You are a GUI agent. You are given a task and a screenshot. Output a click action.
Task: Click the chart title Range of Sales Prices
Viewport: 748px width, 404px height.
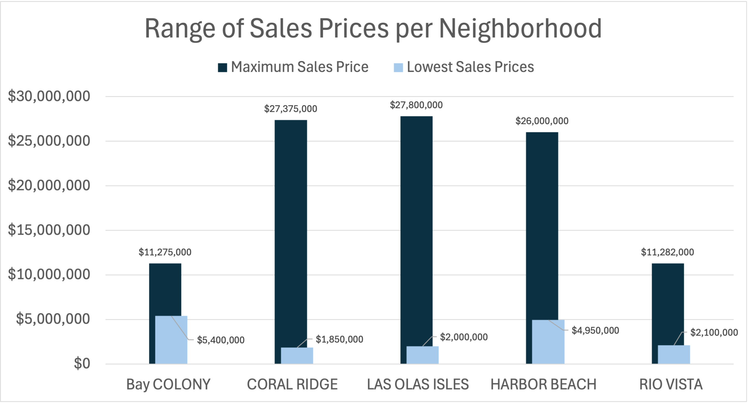[x=373, y=29]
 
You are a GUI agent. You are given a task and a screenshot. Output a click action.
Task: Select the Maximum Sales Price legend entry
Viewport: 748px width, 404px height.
[x=293, y=67]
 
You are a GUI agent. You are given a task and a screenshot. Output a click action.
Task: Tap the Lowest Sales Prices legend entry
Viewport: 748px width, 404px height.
[x=464, y=67]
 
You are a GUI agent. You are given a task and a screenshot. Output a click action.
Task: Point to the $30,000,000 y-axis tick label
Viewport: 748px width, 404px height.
[x=49, y=96]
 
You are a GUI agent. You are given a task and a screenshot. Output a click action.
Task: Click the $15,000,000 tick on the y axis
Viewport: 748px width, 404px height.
[x=49, y=230]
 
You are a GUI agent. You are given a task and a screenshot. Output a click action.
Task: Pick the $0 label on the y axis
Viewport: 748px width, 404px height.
[x=82, y=364]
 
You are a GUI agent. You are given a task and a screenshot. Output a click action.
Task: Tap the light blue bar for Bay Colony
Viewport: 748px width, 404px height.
[x=171, y=340]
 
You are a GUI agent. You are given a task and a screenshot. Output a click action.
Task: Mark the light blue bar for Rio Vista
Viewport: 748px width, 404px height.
[x=674, y=355]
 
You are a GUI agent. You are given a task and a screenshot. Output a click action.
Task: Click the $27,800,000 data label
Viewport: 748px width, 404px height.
[x=416, y=105]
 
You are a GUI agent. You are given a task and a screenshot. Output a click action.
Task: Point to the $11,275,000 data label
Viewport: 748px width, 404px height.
[x=165, y=252]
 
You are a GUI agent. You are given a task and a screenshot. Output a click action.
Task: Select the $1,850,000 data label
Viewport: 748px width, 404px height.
[x=339, y=339]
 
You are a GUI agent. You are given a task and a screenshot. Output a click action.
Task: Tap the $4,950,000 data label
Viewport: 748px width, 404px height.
[x=595, y=331]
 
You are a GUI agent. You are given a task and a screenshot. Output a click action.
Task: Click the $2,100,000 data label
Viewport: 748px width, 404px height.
[x=714, y=333]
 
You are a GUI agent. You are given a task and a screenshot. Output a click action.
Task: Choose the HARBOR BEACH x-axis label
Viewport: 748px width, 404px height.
[x=543, y=384]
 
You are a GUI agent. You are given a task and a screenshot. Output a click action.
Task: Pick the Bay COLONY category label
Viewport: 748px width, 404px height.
[x=168, y=384]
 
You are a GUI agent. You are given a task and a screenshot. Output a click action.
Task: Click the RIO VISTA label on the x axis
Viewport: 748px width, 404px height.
[x=671, y=384]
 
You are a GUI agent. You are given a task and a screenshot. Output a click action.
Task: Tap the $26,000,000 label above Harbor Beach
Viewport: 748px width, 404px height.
[x=542, y=121]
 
